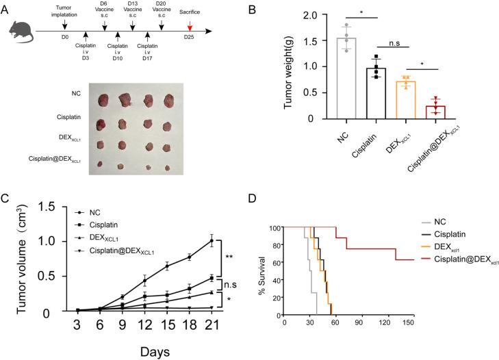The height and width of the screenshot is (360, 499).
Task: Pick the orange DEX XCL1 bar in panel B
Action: click(409, 99)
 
